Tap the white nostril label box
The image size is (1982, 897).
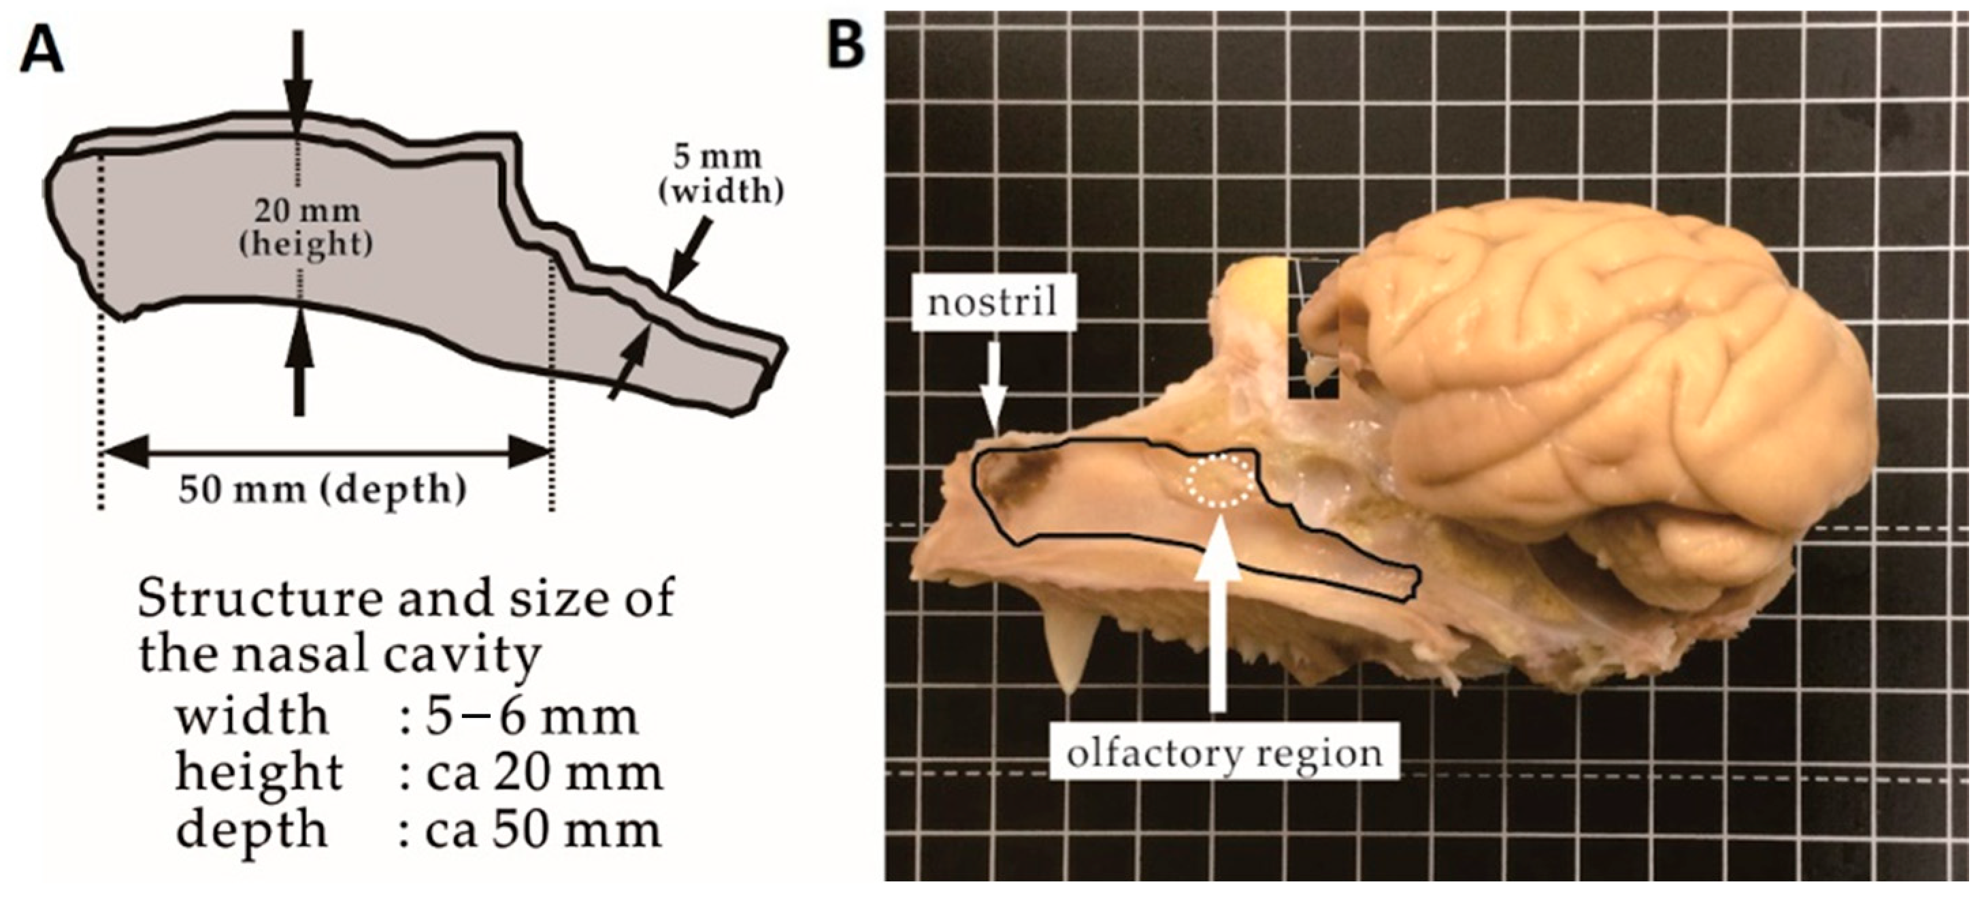tap(992, 302)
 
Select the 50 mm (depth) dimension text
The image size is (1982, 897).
tap(323, 489)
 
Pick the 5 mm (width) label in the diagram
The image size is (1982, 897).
tap(720, 175)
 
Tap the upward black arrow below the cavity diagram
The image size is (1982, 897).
tap(299, 370)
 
